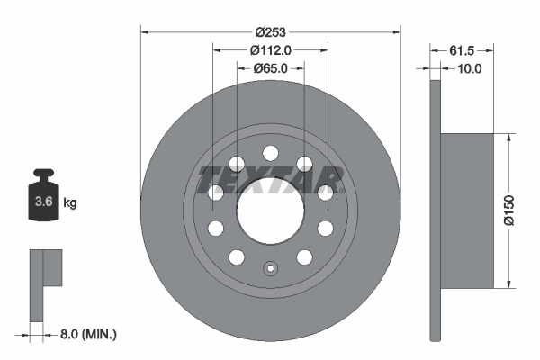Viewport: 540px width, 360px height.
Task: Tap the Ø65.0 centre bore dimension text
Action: coord(270,67)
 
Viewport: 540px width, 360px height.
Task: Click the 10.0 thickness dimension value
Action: coord(470,67)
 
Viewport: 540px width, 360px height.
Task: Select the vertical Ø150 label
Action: coord(510,211)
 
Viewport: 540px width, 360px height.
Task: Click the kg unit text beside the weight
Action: coord(69,202)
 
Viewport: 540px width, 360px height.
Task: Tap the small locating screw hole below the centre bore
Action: coord(270,267)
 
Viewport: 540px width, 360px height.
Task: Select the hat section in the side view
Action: coord(468,211)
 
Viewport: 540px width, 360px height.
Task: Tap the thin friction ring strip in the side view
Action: coord(436,211)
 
